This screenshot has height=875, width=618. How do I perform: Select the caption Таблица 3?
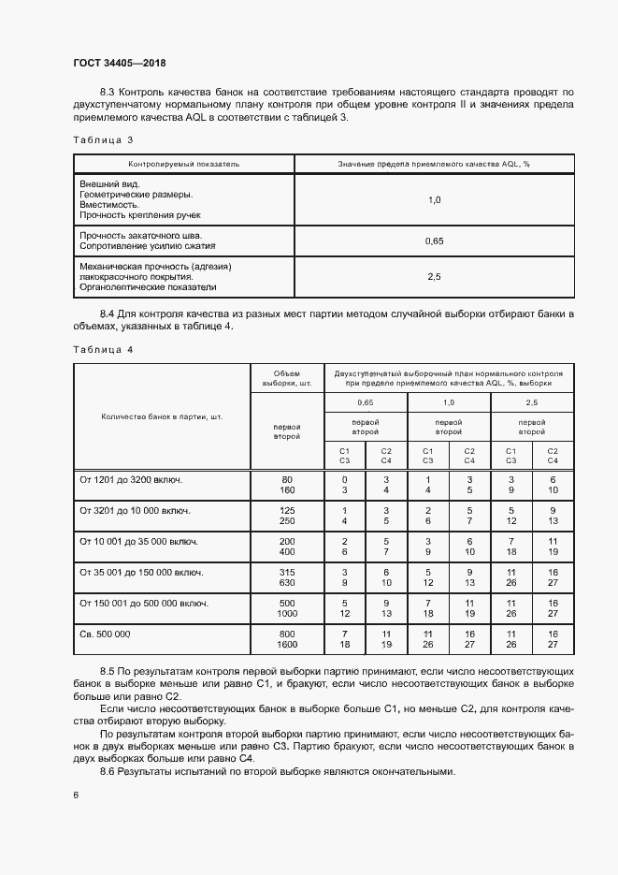103,140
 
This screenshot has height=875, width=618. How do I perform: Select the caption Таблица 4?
103,349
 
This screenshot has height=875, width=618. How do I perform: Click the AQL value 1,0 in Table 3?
433,200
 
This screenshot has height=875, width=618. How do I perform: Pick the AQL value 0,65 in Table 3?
433,241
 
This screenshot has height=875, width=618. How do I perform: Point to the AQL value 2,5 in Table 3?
433,277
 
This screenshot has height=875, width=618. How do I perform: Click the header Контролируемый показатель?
184,164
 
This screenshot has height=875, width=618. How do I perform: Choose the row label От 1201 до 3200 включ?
131,479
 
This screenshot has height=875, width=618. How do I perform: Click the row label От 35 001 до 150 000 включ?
141,572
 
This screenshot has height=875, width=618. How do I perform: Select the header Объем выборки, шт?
286,376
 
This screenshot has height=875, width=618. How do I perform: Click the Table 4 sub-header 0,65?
365,401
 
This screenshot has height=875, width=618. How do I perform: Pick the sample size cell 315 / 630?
286,577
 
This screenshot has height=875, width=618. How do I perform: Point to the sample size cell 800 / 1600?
286,639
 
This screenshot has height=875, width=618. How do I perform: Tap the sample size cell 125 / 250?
286,516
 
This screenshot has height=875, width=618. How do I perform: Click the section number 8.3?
108,92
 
